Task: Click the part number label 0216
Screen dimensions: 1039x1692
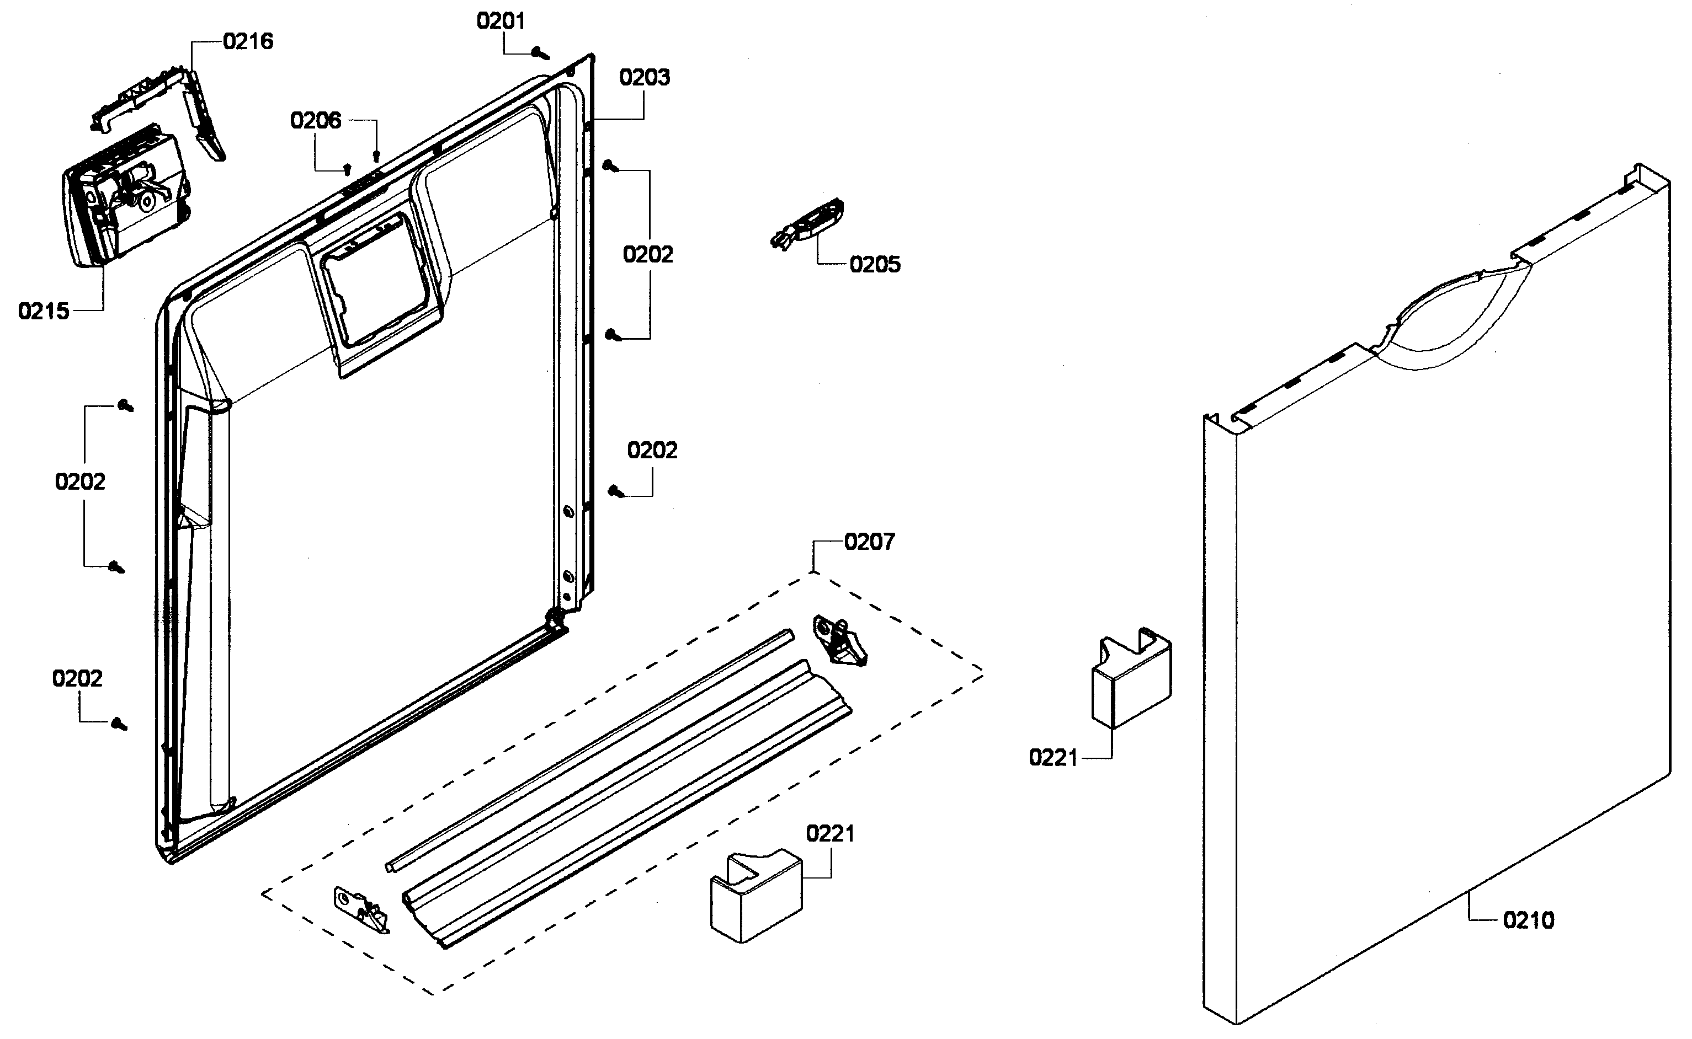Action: click(x=248, y=41)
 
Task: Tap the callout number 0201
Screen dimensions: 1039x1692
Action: click(x=501, y=22)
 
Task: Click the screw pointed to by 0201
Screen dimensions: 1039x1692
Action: click(x=541, y=52)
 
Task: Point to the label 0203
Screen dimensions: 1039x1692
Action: click(x=644, y=77)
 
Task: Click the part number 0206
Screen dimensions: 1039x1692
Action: click(x=316, y=121)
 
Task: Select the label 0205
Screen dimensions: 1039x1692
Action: click(x=875, y=265)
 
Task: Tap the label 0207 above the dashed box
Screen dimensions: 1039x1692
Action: click(x=869, y=542)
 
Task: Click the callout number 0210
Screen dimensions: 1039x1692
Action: click(x=1528, y=920)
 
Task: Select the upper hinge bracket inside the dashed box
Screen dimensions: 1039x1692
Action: click(x=839, y=640)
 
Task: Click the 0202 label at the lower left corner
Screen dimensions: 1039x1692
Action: click(x=77, y=679)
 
